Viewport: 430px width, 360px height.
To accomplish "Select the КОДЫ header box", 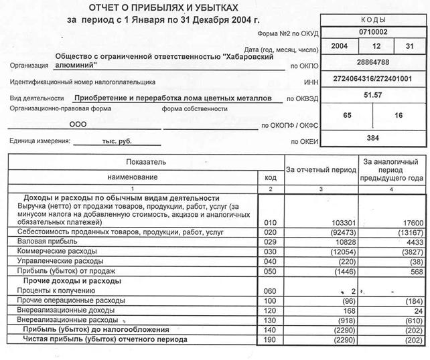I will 372,20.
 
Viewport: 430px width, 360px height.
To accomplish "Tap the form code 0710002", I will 372,31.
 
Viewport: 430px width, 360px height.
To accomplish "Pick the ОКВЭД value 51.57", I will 372,96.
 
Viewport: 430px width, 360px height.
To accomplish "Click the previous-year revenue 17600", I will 411,220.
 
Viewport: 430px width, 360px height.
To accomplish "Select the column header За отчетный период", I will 321,170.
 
